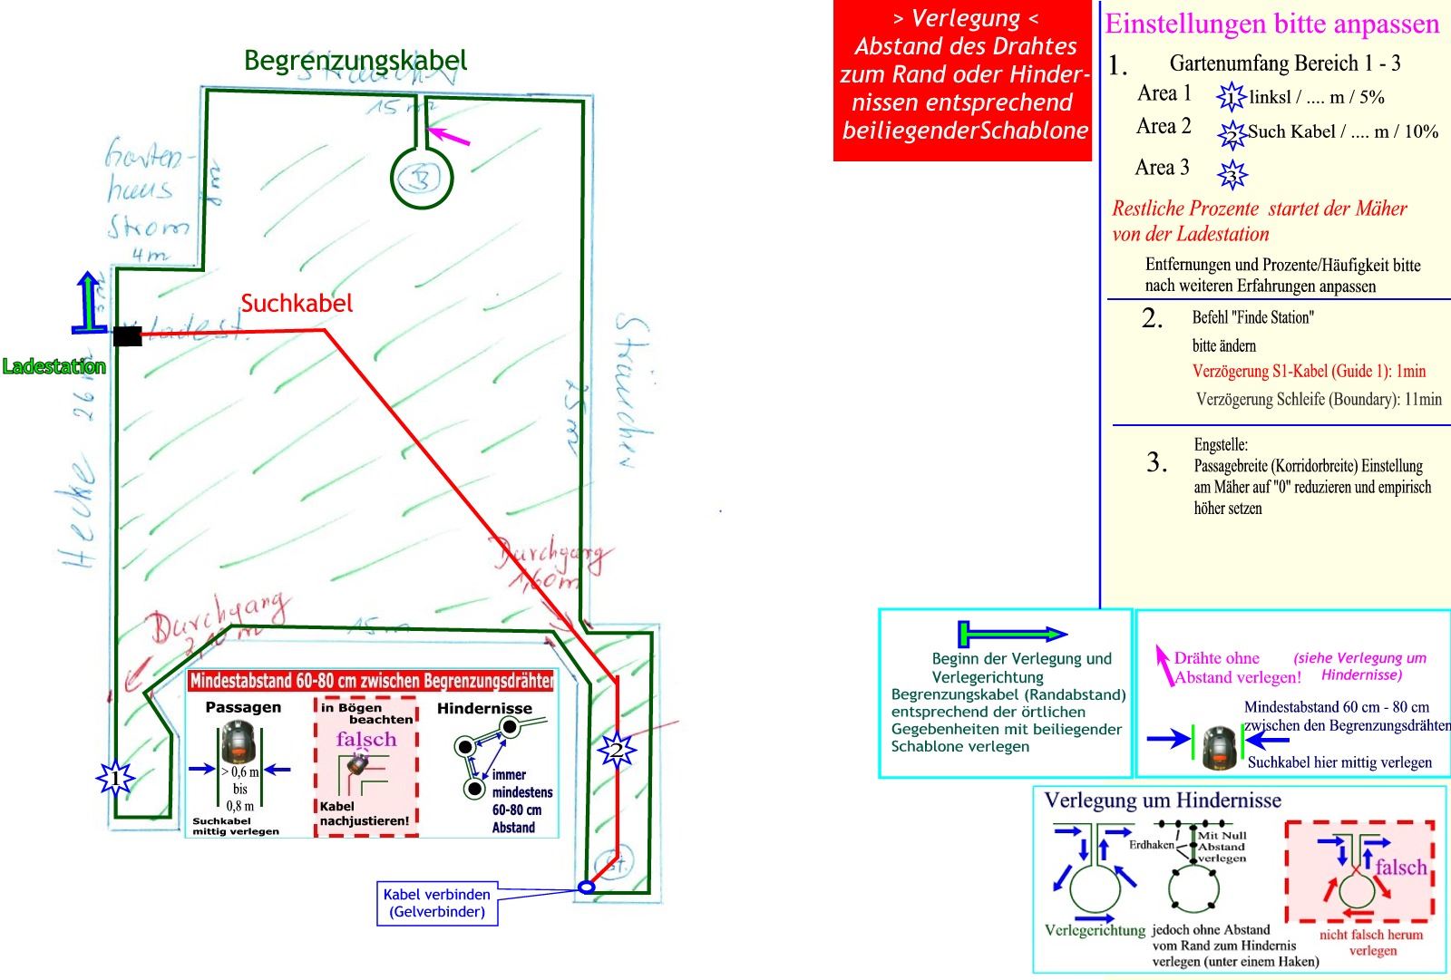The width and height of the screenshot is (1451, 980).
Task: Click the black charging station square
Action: coord(127,336)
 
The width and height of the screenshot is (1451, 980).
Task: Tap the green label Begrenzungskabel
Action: coord(355,61)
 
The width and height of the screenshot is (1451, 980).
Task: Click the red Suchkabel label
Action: coord(297,304)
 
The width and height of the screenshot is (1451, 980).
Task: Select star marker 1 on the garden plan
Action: coord(115,778)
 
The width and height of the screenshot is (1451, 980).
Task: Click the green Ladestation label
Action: coord(54,367)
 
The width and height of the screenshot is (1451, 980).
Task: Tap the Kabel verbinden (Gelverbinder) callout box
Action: coord(437,903)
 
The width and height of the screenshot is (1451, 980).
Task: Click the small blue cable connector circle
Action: coord(587,887)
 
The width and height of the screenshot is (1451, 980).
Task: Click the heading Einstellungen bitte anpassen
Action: coord(1271,24)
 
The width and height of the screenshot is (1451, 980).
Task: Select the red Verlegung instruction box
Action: coord(964,81)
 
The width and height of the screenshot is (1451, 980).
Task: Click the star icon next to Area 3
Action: coord(1232,173)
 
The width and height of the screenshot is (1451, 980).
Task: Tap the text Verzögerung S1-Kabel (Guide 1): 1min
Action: coord(1309,371)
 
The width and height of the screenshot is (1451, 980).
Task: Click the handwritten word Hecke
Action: coord(80,512)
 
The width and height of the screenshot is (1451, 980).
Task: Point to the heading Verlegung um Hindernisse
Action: coord(1163,800)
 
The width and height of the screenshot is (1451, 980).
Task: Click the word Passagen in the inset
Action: coord(243,707)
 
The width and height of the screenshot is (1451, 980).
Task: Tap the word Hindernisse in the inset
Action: coord(484,708)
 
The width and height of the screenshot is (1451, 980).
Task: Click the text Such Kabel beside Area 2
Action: coord(1291,131)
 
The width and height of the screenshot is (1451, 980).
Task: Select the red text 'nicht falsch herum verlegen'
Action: coord(1371,942)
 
